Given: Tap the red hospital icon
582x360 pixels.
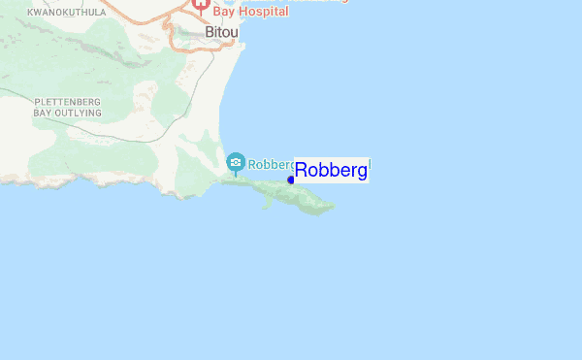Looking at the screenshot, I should coord(201,5).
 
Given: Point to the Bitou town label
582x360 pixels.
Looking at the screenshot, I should coord(222,32).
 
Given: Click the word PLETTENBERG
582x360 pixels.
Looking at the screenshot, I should coord(68,102).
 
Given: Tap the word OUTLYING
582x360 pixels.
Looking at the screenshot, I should coord(79,114).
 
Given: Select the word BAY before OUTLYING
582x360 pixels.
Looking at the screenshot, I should coord(44,114).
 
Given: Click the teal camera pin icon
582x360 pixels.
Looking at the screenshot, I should coord(235,162).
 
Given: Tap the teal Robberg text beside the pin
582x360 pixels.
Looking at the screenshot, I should coord(271,164).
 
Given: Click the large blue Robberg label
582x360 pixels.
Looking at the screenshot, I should coord(331,171).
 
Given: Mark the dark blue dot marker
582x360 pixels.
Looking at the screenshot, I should coord(291,180).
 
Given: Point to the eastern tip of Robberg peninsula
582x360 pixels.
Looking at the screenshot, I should coord(334,204).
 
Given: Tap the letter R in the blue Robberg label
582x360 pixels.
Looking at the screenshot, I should coord(301,171).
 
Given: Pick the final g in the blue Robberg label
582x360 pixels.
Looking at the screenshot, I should coord(362,173).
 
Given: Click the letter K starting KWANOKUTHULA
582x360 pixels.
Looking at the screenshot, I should coord(30,13).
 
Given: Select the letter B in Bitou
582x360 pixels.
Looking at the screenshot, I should coord(210,32).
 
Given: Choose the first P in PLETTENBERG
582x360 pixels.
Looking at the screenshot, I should coord(37,102).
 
